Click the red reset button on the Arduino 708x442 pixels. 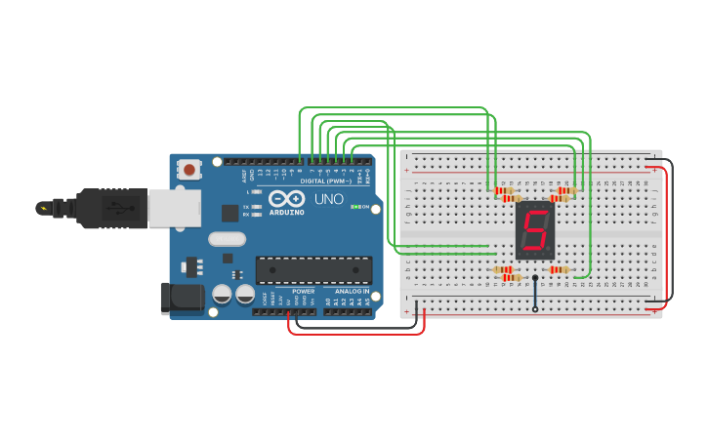(188, 170)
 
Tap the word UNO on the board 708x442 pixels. (329, 199)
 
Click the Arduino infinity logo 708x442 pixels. (286, 198)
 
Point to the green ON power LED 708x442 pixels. (355, 207)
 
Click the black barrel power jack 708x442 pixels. (182, 298)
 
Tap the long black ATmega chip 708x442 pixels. (313, 270)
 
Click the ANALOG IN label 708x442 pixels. (353, 291)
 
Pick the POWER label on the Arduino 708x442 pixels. (304, 291)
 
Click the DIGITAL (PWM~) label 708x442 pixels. (320, 181)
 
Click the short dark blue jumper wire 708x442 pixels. (534, 294)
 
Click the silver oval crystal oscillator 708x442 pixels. (227, 238)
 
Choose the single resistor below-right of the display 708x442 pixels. (559, 270)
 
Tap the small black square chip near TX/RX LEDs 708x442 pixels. (229, 213)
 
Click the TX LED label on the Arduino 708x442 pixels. (254, 207)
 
